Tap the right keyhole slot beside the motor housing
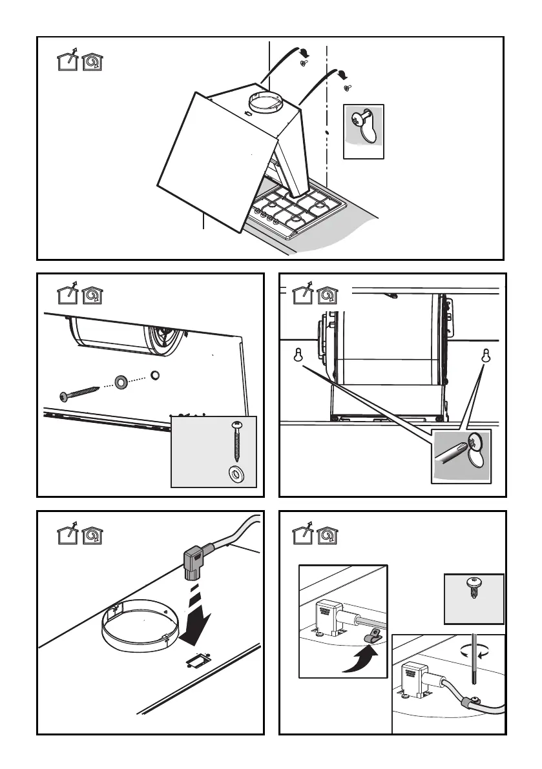point(485,354)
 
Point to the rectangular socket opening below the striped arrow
point(193,658)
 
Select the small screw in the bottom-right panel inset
point(474,588)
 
